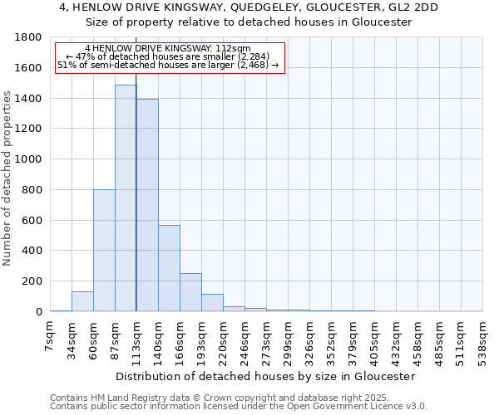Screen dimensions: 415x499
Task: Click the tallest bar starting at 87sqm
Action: (x=126, y=198)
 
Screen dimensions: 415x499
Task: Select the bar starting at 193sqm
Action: (x=212, y=303)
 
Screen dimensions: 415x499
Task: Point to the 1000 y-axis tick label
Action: (x=29, y=159)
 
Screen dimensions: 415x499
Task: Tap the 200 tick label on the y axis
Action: (x=32, y=281)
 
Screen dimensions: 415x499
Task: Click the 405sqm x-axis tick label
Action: (x=376, y=339)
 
